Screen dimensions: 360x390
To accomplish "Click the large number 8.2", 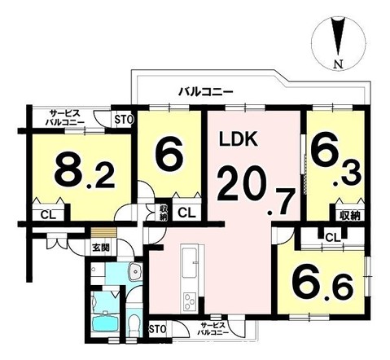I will [80, 172].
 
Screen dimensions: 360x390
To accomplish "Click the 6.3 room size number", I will [332, 161].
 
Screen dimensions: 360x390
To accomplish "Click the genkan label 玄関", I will [100, 248].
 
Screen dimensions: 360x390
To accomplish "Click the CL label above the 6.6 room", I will [331, 237].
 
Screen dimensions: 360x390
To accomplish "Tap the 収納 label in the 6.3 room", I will [348, 215].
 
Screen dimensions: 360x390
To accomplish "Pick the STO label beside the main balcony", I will [124, 119].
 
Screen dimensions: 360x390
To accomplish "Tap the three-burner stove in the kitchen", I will [188, 300].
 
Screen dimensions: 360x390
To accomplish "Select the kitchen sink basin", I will [188, 261].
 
